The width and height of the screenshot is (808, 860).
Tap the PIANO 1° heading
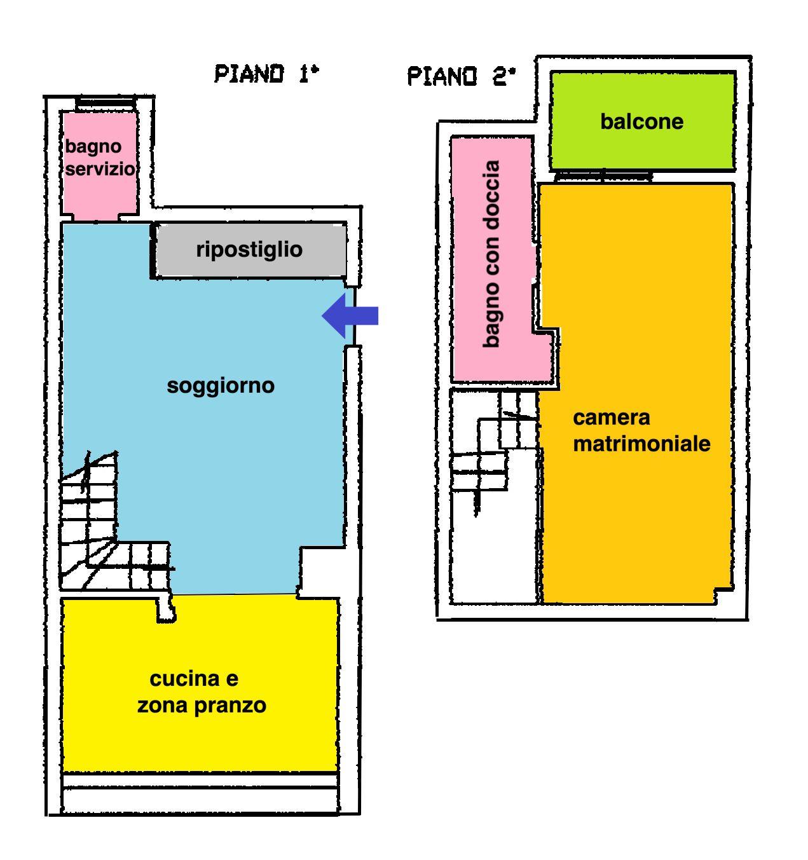pos(266,74)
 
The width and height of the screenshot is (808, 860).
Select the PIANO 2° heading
pos(461,76)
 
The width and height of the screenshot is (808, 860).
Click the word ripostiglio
pos(249,249)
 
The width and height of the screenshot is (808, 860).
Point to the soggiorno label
pos(221,385)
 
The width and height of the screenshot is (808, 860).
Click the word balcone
pos(641,121)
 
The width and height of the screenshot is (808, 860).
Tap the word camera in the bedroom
pos(611,418)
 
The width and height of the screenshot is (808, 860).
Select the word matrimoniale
pos(641,444)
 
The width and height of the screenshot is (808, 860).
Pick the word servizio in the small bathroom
pos(100,169)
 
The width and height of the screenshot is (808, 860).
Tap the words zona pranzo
pos(202,706)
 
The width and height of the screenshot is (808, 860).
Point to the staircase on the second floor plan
pos(493,445)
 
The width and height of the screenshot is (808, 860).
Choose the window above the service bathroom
pos(106,103)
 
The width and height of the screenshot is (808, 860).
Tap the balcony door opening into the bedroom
pos(603,176)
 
